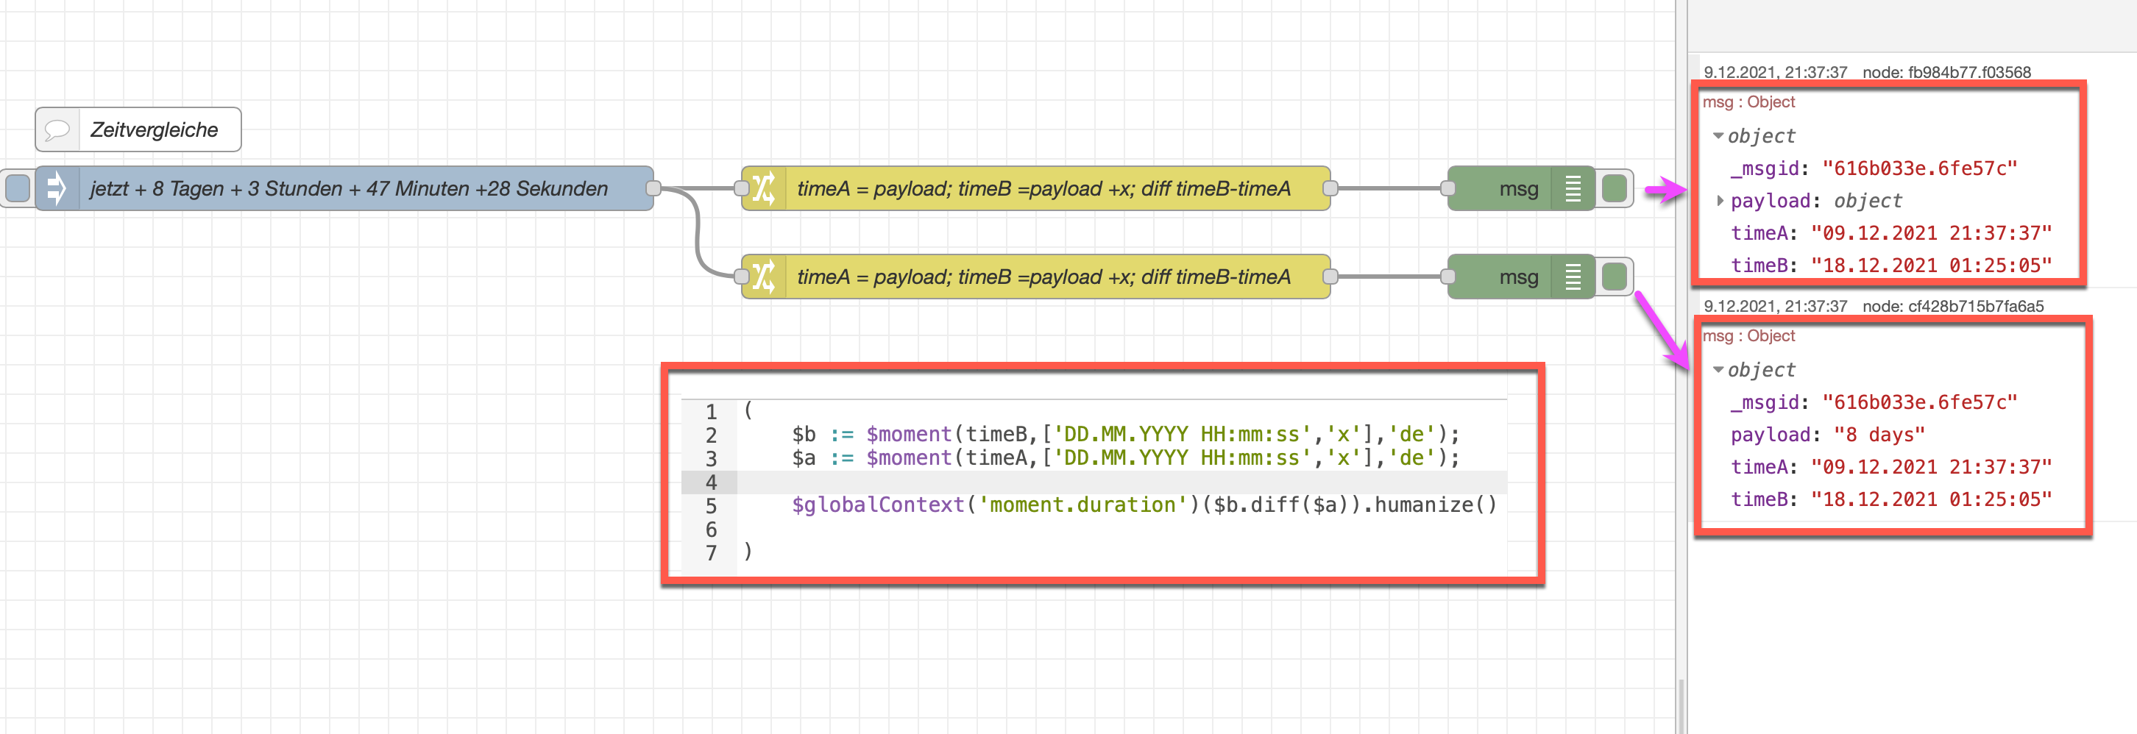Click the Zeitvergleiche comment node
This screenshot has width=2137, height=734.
tap(138, 130)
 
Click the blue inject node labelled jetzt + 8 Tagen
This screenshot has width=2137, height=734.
tap(348, 189)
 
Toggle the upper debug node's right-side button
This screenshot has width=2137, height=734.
tap(1615, 189)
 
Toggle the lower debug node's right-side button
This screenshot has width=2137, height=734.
tap(1615, 277)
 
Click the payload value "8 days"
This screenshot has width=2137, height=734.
tap(1878, 435)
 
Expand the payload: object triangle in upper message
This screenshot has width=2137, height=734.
tap(1720, 201)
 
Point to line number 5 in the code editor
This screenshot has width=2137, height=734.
tap(711, 506)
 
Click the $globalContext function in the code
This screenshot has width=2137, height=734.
tap(877, 505)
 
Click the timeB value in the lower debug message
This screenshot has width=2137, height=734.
tap(1930, 499)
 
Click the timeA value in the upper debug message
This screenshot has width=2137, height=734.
tap(1930, 233)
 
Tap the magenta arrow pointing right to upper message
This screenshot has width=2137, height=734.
tap(1665, 191)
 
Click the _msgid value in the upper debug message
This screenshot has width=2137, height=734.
tap(1917, 168)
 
